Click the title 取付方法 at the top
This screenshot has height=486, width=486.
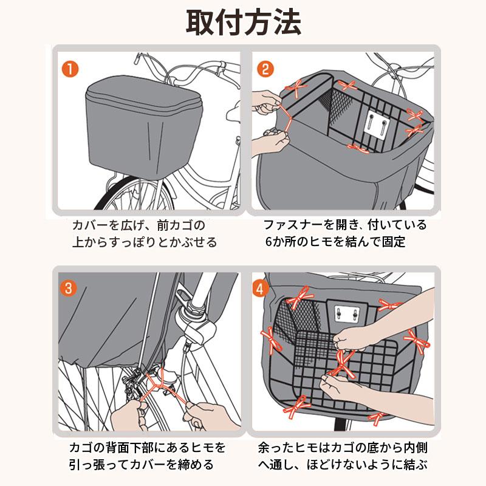pyautogui.click(x=244, y=22)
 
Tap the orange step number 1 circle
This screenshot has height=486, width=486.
pyautogui.click(x=70, y=69)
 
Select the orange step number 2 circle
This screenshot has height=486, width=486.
pyautogui.click(x=265, y=69)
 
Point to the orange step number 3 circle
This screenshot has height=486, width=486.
pyautogui.click(x=68, y=288)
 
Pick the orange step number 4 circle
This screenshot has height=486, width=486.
pyautogui.click(x=260, y=289)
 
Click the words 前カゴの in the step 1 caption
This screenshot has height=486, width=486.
pyautogui.click(x=181, y=225)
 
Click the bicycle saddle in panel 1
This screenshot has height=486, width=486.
pyautogui.click(x=234, y=112)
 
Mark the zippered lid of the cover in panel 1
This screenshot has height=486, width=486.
pyautogui.click(x=143, y=93)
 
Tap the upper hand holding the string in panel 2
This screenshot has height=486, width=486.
pyautogui.click(x=267, y=104)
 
